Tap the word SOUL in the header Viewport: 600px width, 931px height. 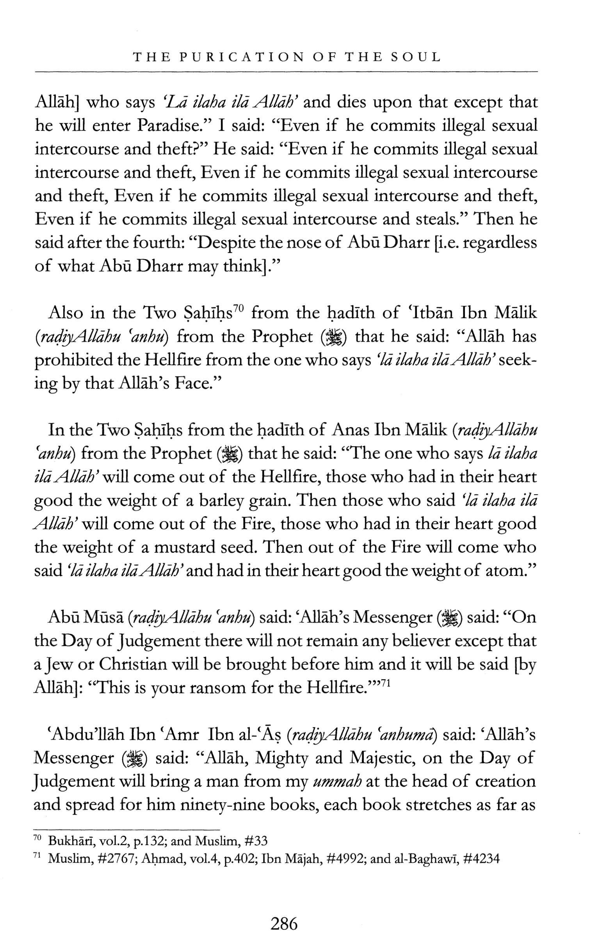point(416,57)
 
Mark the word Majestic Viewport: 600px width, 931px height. point(382,758)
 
